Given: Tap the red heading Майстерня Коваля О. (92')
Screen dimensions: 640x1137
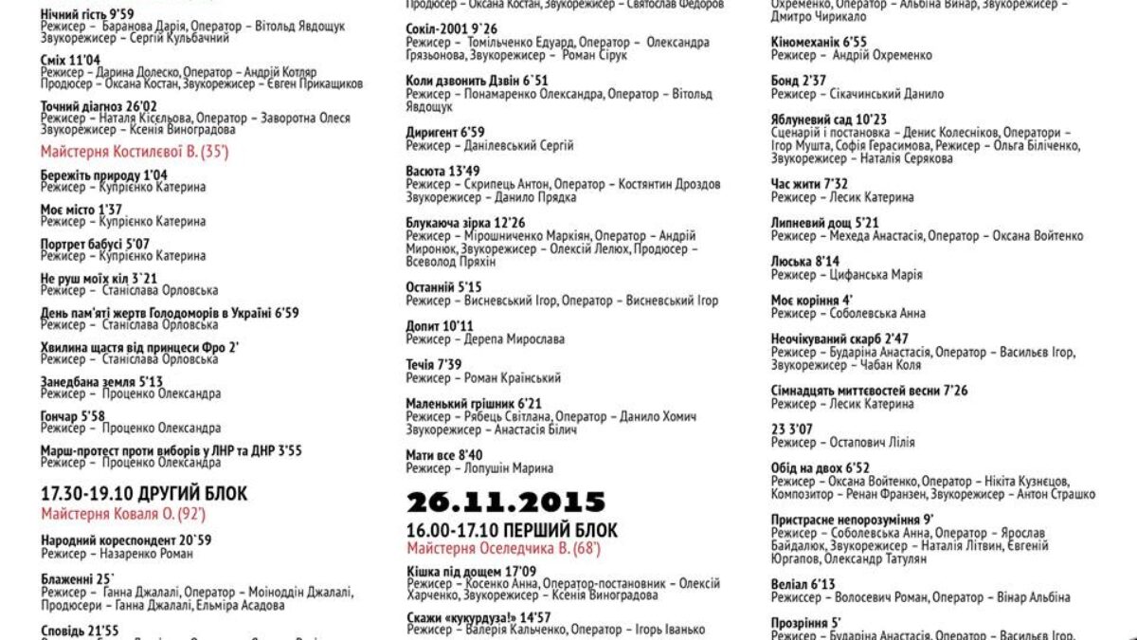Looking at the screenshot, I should [123, 514].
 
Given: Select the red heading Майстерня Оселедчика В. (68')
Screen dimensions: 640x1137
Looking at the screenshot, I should [503, 548].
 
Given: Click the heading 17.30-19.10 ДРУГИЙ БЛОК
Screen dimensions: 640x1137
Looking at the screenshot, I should [144, 493].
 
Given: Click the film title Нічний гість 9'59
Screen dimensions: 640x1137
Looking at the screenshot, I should [88, 14].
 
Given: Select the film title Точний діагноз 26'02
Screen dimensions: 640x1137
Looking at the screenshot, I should [99, 106].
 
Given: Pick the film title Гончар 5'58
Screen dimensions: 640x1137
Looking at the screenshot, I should [73, 415].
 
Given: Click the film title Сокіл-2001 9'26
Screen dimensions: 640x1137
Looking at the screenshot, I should [451, 29].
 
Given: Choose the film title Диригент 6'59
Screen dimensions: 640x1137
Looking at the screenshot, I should [445, 133].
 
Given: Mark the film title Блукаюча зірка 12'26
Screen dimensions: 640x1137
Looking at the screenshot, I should [465, 223].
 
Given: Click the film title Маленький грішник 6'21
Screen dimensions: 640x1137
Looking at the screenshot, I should [474, 403].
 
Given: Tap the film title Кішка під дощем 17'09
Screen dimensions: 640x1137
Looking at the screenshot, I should [471, 571].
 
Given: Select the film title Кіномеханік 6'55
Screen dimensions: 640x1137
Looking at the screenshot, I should [819, 43].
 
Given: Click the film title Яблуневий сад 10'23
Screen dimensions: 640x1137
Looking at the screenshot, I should [829, 119].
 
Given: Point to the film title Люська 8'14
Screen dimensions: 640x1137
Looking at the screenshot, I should [805, 262].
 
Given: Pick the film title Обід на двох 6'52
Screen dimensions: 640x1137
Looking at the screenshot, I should [821, 467].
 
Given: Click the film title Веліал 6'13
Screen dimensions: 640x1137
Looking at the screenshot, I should [803, 585].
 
